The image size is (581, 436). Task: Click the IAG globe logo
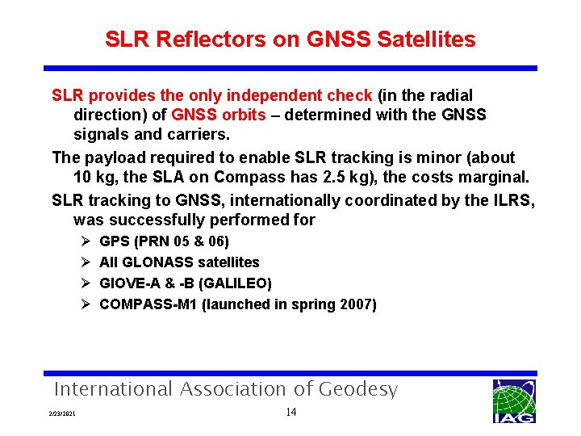513,400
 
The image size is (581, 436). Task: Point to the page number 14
291,413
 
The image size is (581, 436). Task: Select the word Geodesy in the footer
357,389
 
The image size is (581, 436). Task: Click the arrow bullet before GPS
86,241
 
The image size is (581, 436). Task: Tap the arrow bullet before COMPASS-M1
86,304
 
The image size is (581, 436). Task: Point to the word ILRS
510,199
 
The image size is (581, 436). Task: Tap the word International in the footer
112,389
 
